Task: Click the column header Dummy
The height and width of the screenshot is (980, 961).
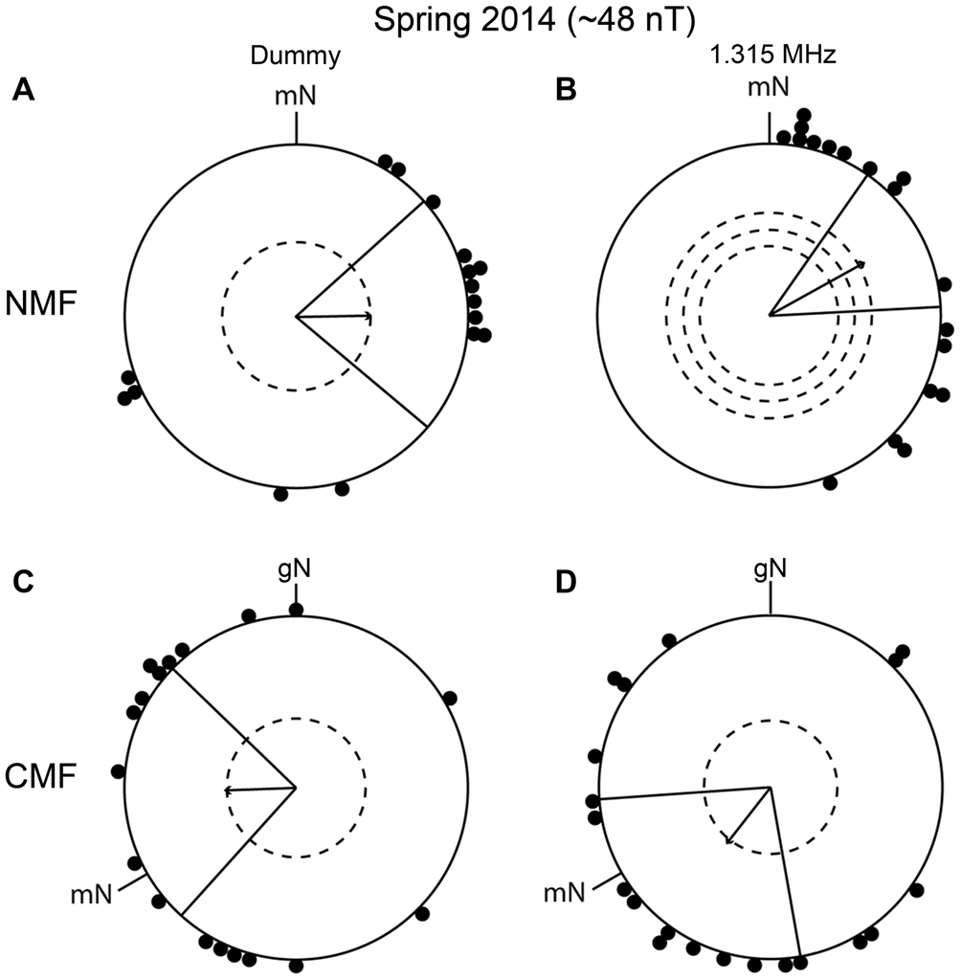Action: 297,58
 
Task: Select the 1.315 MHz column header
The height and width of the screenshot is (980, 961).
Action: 770,58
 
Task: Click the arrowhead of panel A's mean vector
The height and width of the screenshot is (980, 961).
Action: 369,315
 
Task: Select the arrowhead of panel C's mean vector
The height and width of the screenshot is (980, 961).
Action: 227,791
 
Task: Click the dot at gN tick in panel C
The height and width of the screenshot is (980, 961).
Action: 297,610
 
